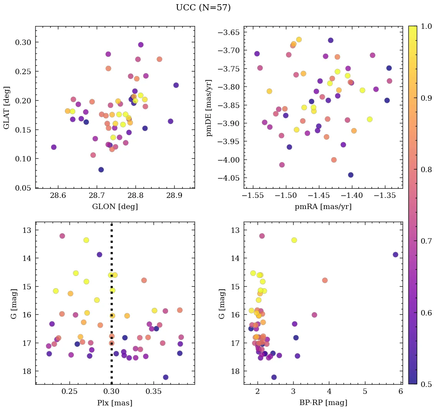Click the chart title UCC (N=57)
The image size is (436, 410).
pos(203,8)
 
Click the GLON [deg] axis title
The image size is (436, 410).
pos(115,207)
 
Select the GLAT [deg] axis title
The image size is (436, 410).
pos(7,107)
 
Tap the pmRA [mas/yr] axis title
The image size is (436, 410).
pos(323,207)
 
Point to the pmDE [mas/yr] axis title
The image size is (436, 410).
pos(209,107)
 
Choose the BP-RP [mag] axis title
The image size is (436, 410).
pos(323,403)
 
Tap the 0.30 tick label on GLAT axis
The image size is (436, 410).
pos(23,42)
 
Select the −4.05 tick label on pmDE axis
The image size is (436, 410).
pos(228,178)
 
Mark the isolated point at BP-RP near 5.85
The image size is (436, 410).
pos(396,254)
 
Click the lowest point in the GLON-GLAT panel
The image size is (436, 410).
pos(101,170)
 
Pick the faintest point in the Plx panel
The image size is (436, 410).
pos(165,377)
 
